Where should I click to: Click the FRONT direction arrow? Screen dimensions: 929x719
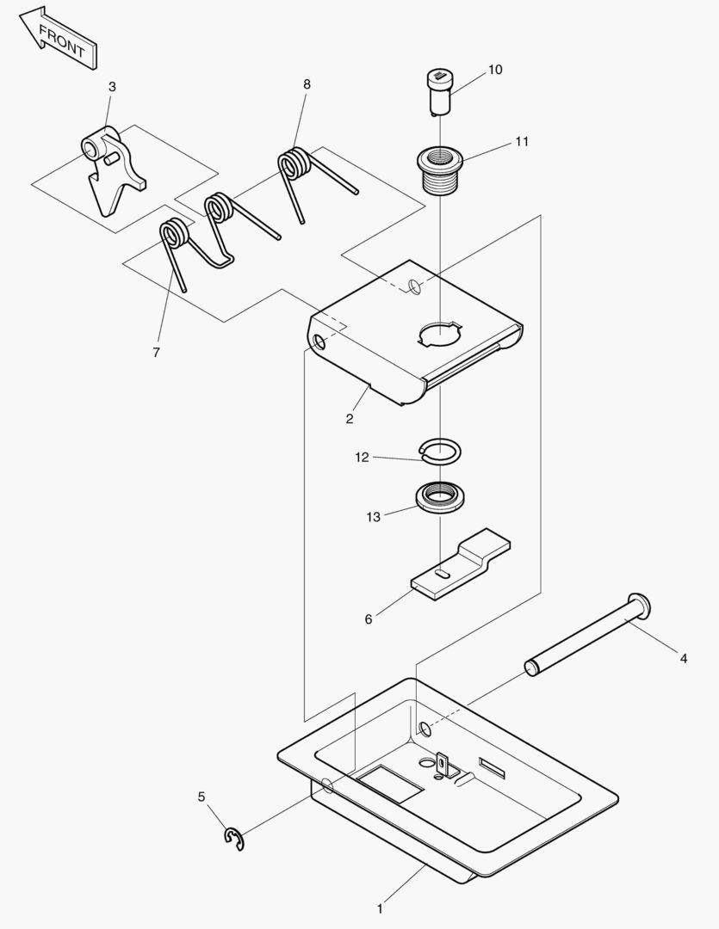(59, 38)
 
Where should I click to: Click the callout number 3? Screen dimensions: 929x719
(112, 87)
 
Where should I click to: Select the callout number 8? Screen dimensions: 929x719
(307, 83)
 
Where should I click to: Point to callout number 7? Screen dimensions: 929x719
(156, 352)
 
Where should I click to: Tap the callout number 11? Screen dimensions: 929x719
(522, 142)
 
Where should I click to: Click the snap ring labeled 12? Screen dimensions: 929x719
(440, 450)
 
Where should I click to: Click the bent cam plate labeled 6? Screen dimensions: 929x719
(462, 567)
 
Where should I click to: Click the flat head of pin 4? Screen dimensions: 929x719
(640, 607)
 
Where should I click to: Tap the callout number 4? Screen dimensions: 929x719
(683, 659)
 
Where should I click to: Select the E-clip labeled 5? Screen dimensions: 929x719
(234, 840)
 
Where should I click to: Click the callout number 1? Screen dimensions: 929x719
(380, 907)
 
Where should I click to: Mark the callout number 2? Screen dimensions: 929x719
(350, 419)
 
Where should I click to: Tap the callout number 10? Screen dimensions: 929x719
(495, 70)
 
